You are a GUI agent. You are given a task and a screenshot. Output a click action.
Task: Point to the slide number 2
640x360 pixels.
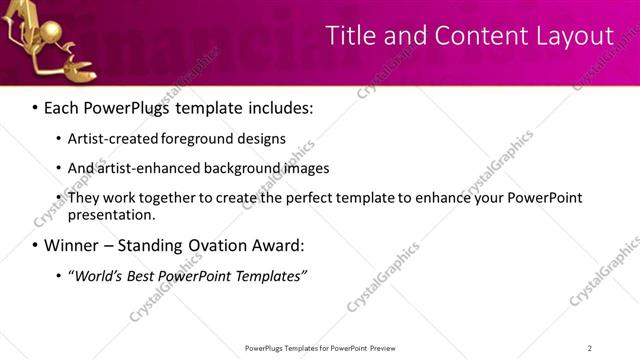tap(590, 347)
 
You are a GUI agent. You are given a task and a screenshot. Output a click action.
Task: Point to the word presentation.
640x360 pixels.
tap(111, 214)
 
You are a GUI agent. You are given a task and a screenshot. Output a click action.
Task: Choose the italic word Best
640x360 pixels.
tap(146, 276)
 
